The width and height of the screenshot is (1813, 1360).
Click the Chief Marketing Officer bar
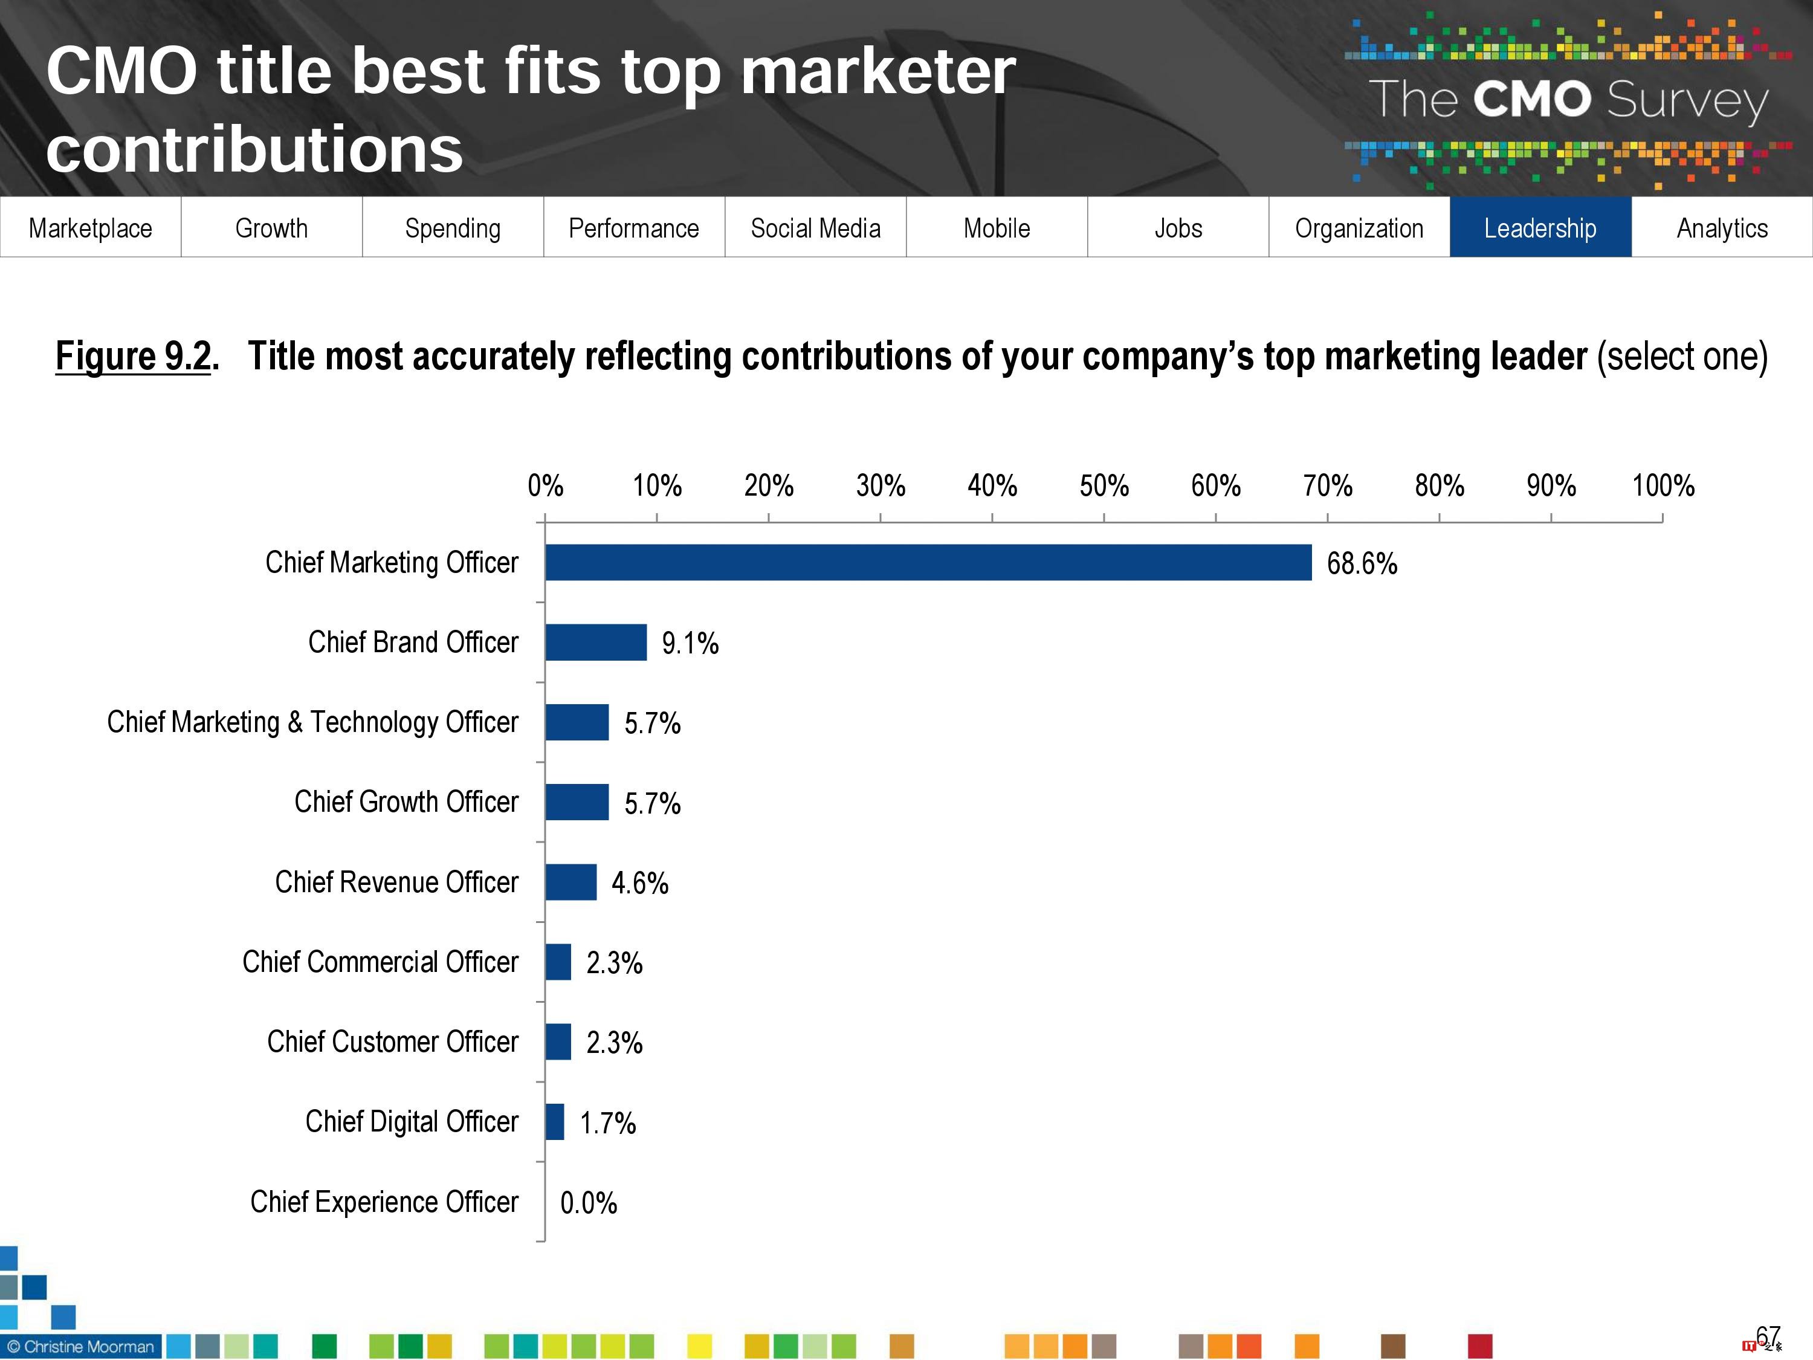[928, 562]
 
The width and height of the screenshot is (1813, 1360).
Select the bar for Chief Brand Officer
[596, 642]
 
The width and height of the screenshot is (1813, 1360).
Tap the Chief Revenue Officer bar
[570, 882]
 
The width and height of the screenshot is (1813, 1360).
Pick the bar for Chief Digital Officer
[555, 1121]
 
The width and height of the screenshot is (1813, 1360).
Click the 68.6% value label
[1362, 564]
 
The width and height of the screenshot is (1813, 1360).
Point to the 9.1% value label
[690, 644]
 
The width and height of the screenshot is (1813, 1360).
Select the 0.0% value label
[589, 1203]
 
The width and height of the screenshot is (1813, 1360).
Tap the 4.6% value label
[639, 883]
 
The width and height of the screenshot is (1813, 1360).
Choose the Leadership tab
[1540, 227]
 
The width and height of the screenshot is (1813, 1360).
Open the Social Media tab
[815, 227]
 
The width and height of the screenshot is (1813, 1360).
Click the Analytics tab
[1722, 227]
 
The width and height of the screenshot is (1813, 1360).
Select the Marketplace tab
[90, 227]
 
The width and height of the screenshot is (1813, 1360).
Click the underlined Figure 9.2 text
[134, 356]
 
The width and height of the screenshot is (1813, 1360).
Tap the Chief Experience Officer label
[384, 1202]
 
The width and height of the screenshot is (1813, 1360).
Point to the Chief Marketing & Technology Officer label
[312, 721]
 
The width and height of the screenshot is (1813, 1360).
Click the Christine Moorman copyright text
[80, 1346]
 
